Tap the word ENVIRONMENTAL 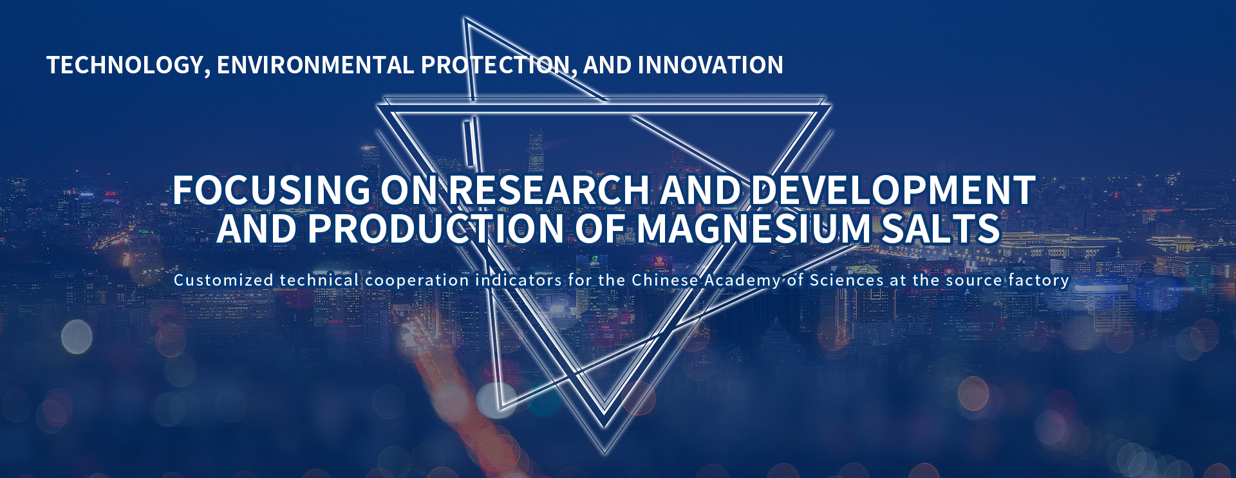(x=315, y=65)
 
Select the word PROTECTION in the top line (x=498, y=66)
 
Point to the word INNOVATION (x=710, y=65)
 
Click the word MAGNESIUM (x=754, y=228)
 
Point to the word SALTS (x=941, y=228)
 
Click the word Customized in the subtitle (x=224, y=280)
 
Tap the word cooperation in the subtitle (x=417, y=281)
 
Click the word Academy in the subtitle (x=742, y=281)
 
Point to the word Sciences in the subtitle (x=847, y=280)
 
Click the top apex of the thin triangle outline (x=465, y=19)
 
